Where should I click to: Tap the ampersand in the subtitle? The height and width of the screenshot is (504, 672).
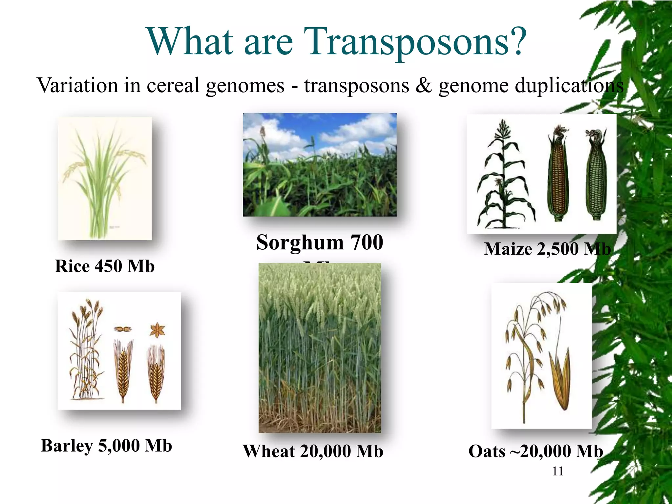[423, 86]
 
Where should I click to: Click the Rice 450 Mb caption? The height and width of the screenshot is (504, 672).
[105, 266]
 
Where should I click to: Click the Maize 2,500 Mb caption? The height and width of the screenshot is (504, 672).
[547, 249]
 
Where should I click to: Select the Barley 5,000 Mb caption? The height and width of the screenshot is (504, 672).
[106, 446]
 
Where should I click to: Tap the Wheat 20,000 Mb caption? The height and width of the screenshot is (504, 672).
[313, 451]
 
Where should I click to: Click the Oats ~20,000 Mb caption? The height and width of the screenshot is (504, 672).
[535, 451]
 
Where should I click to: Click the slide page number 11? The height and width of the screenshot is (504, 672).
[557, 471]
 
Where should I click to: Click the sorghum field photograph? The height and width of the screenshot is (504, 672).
[320, 164]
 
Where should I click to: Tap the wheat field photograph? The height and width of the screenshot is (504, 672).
[320, 348]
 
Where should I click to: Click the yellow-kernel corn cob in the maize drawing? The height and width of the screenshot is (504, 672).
[558, 174]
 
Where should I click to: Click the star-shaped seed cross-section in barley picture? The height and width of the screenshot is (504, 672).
[157, 330]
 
